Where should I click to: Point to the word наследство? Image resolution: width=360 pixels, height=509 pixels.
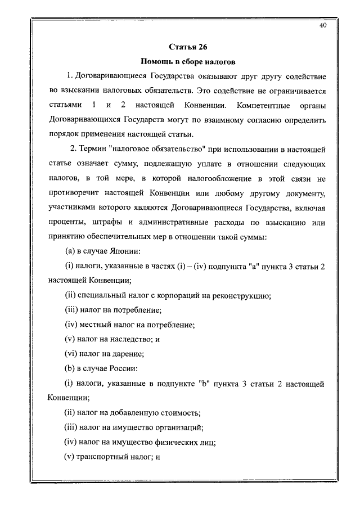tap(126, 340)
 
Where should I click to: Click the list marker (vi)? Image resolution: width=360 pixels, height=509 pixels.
tap(73, 354)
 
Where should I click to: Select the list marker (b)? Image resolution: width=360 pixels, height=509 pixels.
tap(71, 369)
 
